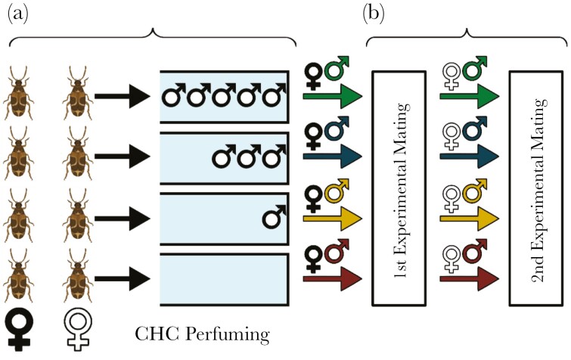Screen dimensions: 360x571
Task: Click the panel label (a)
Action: [x=20, y=13]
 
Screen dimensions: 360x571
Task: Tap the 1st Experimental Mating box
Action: [x=408, y=188]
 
